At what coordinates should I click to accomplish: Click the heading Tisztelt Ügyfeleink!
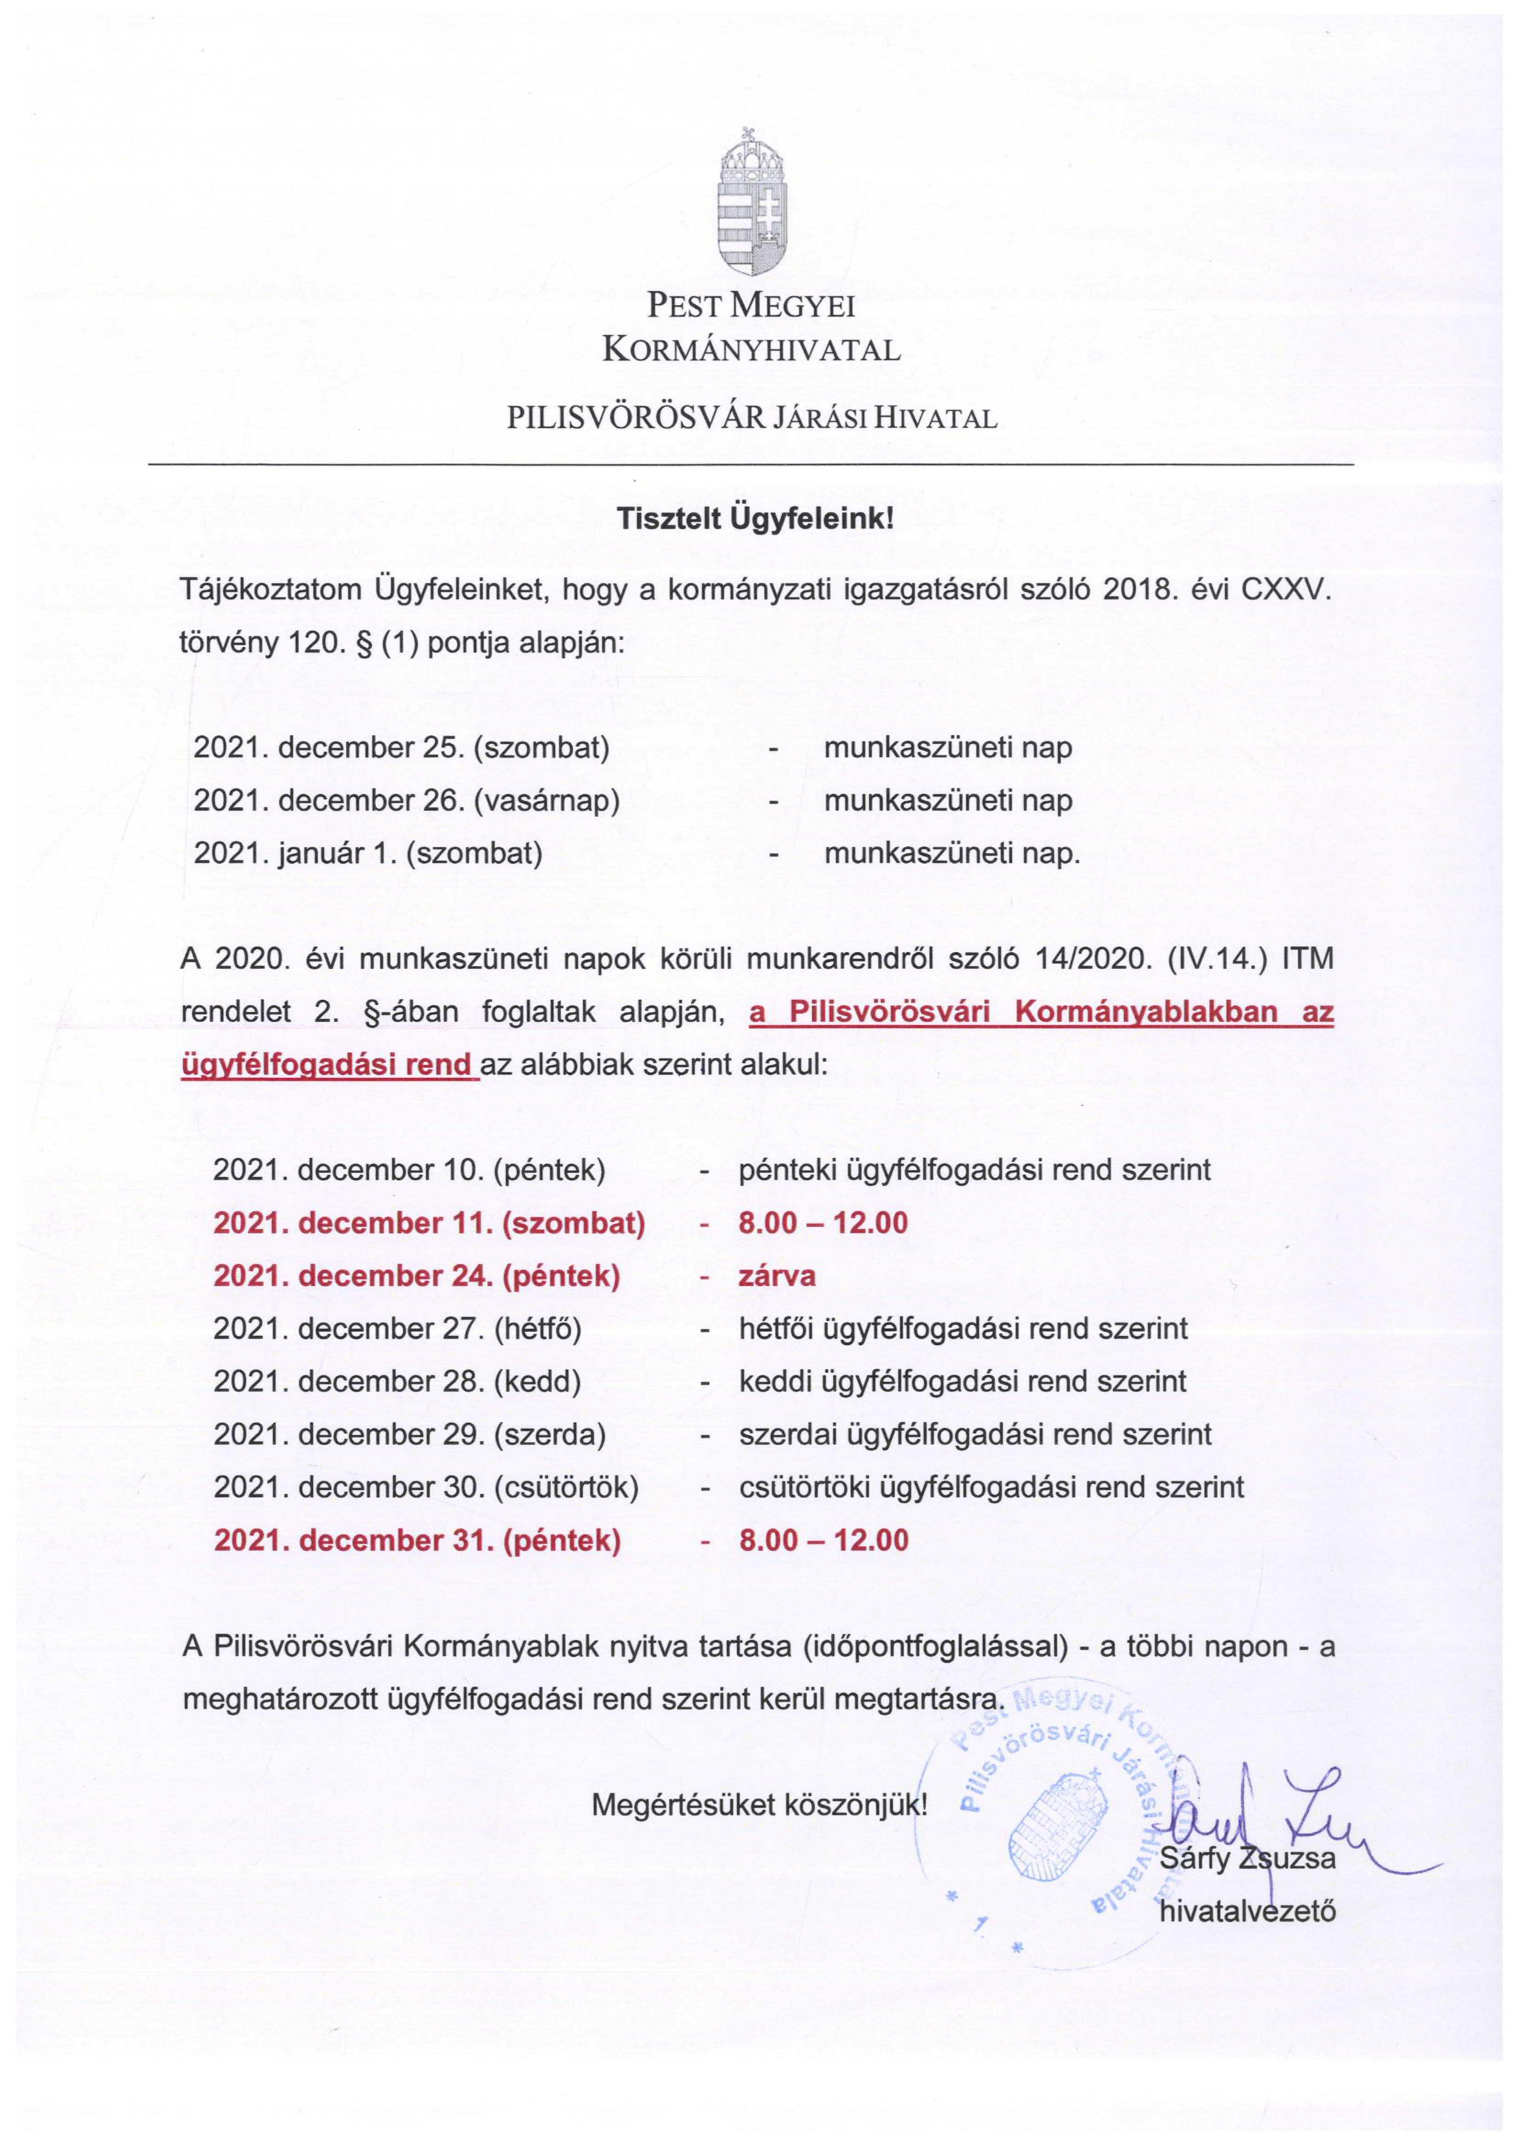tap(755, 521)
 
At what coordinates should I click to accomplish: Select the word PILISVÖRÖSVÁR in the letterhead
tap(638, 417)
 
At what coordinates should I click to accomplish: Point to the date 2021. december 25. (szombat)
tap(402, 748)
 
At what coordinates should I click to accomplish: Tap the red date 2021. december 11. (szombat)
tap(430, 1224)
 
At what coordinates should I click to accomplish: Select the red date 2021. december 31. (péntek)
tap(417, 1540)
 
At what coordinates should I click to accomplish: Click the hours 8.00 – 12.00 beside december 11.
tap(823, 1224)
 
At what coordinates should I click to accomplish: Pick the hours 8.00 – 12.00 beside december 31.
tap(823, 1540)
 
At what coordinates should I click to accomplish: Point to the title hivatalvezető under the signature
tap(1248, 1912)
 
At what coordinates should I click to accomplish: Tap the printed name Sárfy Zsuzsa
tap(1248, 1857)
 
